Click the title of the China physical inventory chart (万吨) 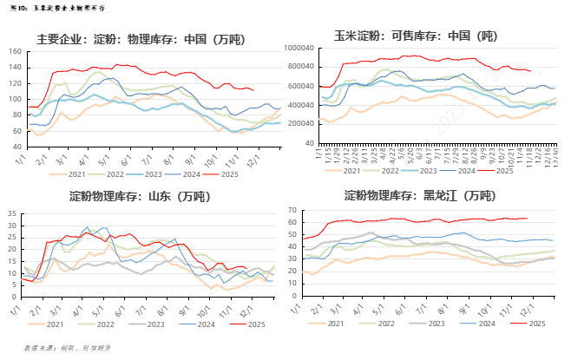[141, 39]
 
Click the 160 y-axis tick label [16, 52]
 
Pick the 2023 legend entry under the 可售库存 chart [439, 171]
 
